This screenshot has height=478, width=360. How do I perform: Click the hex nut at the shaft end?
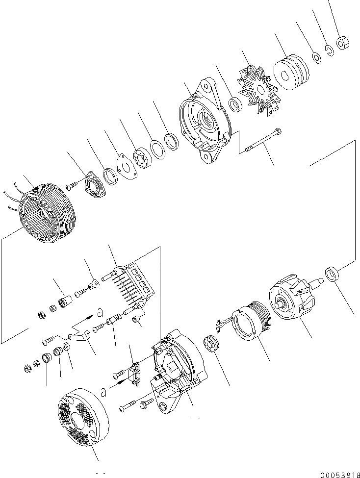342,43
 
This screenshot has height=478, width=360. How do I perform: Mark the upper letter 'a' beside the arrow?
100,312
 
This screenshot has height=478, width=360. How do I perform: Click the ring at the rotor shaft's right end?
333,274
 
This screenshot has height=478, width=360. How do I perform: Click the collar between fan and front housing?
236,104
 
